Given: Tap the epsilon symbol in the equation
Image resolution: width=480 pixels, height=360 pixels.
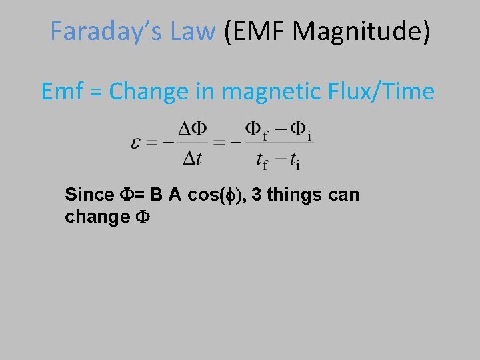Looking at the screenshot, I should pyautogui.click(x=136, y=144).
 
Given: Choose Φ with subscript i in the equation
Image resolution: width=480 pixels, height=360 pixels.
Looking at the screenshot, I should pyautogui.click(x=300, y=129).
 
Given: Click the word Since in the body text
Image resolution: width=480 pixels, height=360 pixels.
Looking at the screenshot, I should pyautogui.click(x=89, y=195).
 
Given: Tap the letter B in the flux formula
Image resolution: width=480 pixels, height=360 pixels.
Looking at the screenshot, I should pyautogui.click(x=156, y=195).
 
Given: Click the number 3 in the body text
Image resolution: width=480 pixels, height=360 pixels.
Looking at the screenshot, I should pyautogui.click(x=256, y=195).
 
